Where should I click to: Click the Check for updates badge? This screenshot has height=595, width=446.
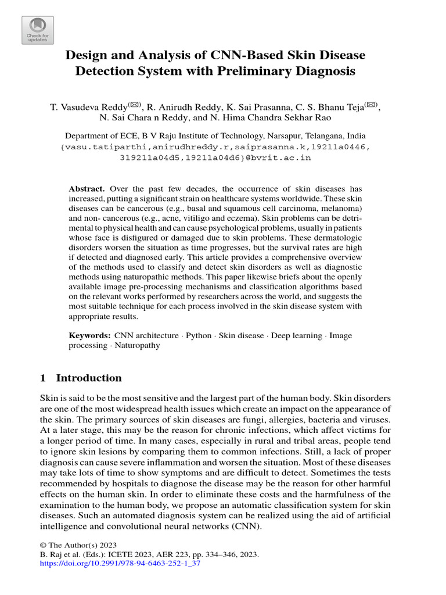(x=38, y=30)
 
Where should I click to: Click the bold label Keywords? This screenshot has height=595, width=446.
(x=90, y=335)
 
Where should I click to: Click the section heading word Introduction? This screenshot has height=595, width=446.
(x=89, y=378)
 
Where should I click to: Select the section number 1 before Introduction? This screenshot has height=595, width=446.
(x=42, y=378)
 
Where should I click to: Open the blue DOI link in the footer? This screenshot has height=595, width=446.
(x=119, y=564)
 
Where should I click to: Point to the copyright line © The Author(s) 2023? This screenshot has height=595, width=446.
(x=78, y=545)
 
